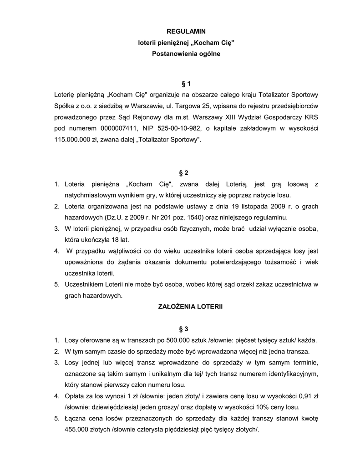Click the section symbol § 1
(x=186, y=84)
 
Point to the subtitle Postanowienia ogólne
(x=186, y=54)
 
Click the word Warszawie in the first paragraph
(x=137, y=106)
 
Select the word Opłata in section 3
(x=76, y=396)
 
